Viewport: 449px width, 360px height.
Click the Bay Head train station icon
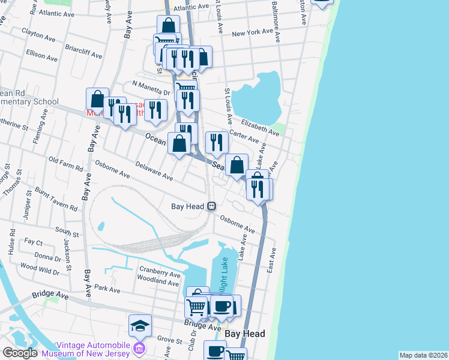(x=211, y=206)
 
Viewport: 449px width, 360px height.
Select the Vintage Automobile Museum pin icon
(x=140, y=348)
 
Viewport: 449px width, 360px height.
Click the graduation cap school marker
(x=140, y=326)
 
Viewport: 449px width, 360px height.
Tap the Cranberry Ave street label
(x=160, y=271)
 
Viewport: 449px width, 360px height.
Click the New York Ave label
(x=252, y=34)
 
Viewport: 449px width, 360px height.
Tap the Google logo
(x=20, y=353)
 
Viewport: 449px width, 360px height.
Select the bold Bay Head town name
(x=245, y=334)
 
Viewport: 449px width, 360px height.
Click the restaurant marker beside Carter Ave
(x=216, y=142)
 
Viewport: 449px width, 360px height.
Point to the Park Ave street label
(x=107, y=289)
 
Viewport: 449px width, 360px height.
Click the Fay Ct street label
(x=33, y=242)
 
